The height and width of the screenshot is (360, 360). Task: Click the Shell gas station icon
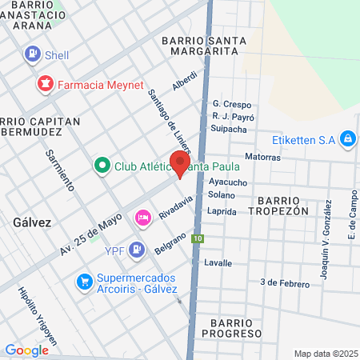(33, 54)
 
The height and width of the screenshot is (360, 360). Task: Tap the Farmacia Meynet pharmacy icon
(45, 83)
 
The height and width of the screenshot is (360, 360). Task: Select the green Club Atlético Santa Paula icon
(102, 166)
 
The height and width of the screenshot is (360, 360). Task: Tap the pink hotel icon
(143, 217)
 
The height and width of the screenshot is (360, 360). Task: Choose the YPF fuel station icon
(137, 250)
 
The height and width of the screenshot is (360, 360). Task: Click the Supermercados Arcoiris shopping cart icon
(84, 282)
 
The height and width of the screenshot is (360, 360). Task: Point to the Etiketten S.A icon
(347, 140)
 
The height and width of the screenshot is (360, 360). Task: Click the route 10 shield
(197, 238)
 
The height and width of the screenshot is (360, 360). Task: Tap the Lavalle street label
(218, 262)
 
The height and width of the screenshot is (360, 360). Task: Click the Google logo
(26, 350)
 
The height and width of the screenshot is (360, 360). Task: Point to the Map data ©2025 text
(325, 354)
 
